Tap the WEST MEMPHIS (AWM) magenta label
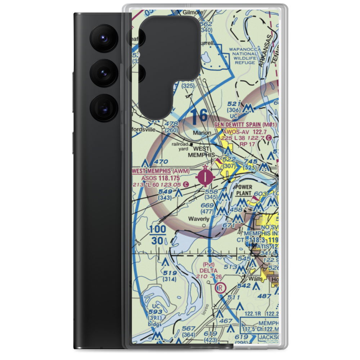point(160,171)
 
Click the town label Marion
point(202,133)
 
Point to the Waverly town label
point(199,219)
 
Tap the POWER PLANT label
point(244,190)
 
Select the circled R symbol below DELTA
point(220,288)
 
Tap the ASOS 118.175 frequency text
point(160,178)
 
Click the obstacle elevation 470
point(161,162)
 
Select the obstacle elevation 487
point(265,296)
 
